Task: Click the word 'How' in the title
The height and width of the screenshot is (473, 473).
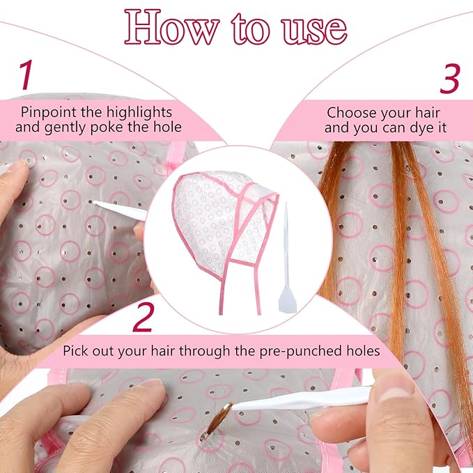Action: click(171, 27)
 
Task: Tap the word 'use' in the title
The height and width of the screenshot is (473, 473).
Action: click(314, 30)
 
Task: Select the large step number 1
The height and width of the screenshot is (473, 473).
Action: click(26, 75)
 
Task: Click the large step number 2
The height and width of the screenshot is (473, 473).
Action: click(144, 317)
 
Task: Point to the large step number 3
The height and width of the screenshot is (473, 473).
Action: click(449, 79)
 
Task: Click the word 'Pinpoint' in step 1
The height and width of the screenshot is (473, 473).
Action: click(48, 113)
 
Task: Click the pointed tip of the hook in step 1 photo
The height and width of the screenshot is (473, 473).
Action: click(93, 202)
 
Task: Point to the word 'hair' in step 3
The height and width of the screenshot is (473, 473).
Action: click(428, 114)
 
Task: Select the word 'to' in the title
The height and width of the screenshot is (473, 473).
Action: click(250, 30)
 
